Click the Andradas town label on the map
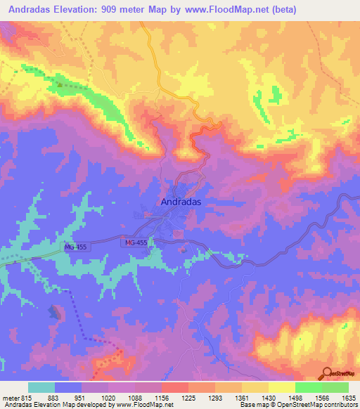(177, 201)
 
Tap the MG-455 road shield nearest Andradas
(136, 242)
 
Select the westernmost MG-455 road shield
(76, 247)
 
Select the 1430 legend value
(267, 397)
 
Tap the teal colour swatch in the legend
(41, 387)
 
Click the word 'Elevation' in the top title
(77, 10)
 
